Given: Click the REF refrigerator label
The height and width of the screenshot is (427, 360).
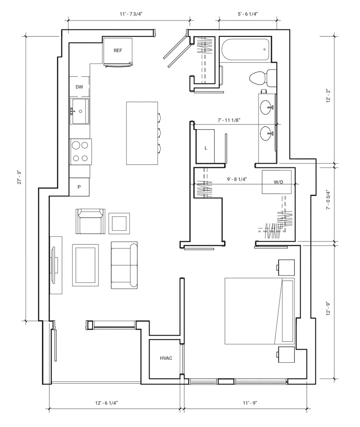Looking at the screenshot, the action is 118,50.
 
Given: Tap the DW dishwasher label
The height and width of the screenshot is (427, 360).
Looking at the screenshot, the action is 79,87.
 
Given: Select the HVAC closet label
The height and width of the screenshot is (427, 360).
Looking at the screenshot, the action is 166,358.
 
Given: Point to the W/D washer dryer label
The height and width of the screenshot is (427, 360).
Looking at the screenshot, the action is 278,182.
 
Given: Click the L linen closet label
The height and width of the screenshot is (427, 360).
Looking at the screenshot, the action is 206,148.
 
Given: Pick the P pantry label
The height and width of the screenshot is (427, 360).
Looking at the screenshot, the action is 79,187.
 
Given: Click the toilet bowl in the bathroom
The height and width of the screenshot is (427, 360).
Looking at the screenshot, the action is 258,77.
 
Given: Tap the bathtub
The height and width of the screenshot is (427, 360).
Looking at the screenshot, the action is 246,50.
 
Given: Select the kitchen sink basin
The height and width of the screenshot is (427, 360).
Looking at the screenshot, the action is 80,111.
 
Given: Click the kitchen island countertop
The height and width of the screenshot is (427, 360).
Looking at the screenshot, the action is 142,133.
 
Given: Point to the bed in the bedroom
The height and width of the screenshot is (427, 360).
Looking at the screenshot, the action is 260,311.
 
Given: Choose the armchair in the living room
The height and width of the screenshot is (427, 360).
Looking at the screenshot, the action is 90,221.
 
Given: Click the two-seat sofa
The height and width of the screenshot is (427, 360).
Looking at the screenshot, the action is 124,265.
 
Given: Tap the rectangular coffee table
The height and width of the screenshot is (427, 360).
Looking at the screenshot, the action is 85,265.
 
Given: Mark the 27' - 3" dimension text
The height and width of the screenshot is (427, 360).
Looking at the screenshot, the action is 19,178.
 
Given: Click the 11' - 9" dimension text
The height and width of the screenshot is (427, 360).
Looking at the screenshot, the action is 250,403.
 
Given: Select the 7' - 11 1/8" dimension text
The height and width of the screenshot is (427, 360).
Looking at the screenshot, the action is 229,120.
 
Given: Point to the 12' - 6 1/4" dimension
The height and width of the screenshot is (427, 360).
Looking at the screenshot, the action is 107,403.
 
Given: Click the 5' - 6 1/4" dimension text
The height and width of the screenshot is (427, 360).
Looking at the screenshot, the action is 248,14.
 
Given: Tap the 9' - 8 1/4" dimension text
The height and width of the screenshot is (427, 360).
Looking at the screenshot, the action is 237,179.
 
